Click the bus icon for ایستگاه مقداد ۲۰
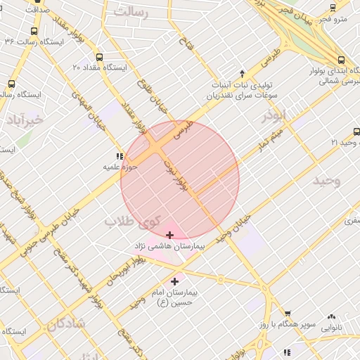[x=98, y=58]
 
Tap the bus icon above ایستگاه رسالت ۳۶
[x=34, y=31]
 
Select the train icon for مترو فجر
[x=333, y=8]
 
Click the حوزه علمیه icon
[x=118, y=157]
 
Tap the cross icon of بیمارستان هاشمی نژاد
[x=169, y=235]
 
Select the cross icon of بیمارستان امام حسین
[x=175, y=281]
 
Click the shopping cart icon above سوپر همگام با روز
[x=287, y=314]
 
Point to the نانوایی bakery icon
[x=330, y=316]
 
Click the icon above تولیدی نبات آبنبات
[x=242, y=73]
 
